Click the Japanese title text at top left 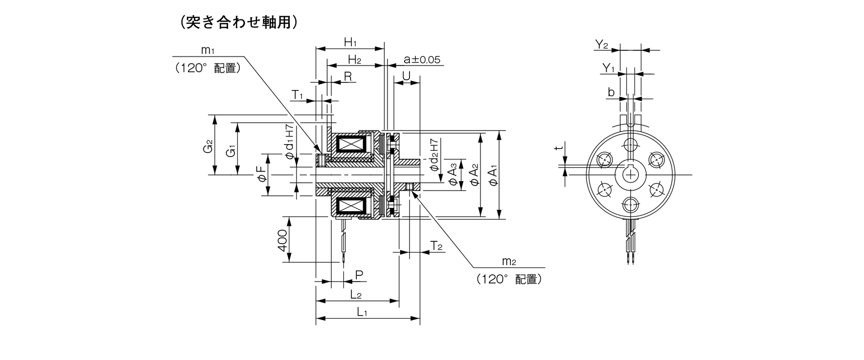click(x=238, y=22)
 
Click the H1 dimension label click(x=350, y=43)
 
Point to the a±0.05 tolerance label click(x=422, y=59)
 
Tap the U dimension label click(x=406, y=76)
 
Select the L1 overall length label click(x=362, y=311)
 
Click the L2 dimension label click(x=356, y=295)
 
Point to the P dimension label click(x=359, y=275)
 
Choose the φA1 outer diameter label click(x=493, y=175)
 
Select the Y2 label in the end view click(x=601, y=44)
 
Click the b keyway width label click(x=611, y=93)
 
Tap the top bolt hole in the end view click(x=631, y=144)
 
